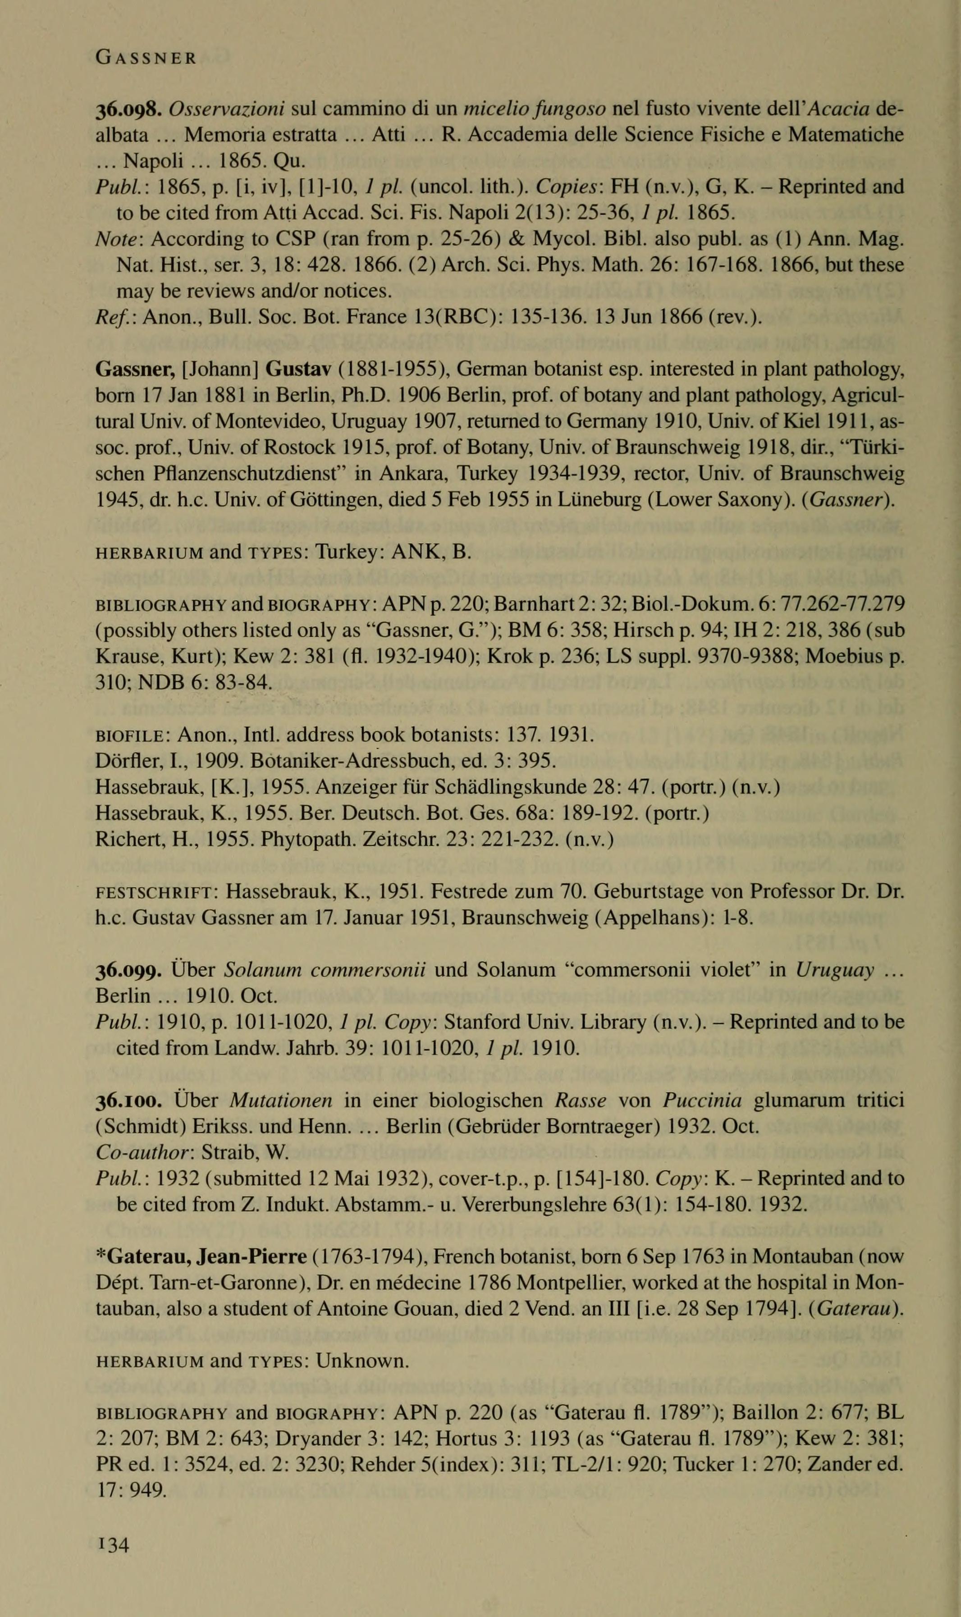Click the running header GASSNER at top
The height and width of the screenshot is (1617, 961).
coord(145,58)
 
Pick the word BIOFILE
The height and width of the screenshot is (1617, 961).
coord(132,736)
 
